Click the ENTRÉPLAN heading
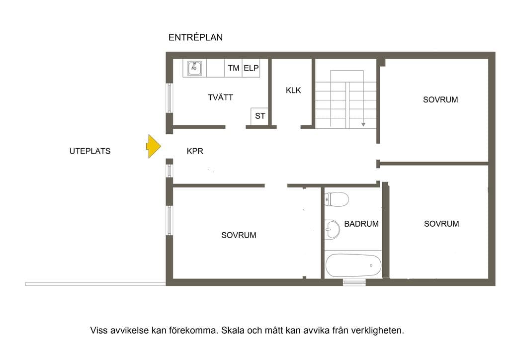coord(195,37)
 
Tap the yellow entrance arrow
coord(153,146)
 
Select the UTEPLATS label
coord(90,151)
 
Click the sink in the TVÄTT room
coord(194,68)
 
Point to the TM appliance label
coord(234,68)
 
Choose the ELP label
coord(251,68)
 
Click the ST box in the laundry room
coord(259,116)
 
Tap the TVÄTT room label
coord(220,97)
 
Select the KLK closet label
coord(293,90)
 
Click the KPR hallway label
coord(195,151)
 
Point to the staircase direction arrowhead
coord(363,124)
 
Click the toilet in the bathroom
coord(337,199)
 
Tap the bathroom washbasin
coord(332,230)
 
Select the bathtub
coord(353,266)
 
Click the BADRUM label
coord(361,224)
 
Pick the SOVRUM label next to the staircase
coord(440,99)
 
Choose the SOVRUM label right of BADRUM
coord(441,224)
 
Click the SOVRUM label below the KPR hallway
coord(239,235)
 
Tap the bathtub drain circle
coord(371,266)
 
